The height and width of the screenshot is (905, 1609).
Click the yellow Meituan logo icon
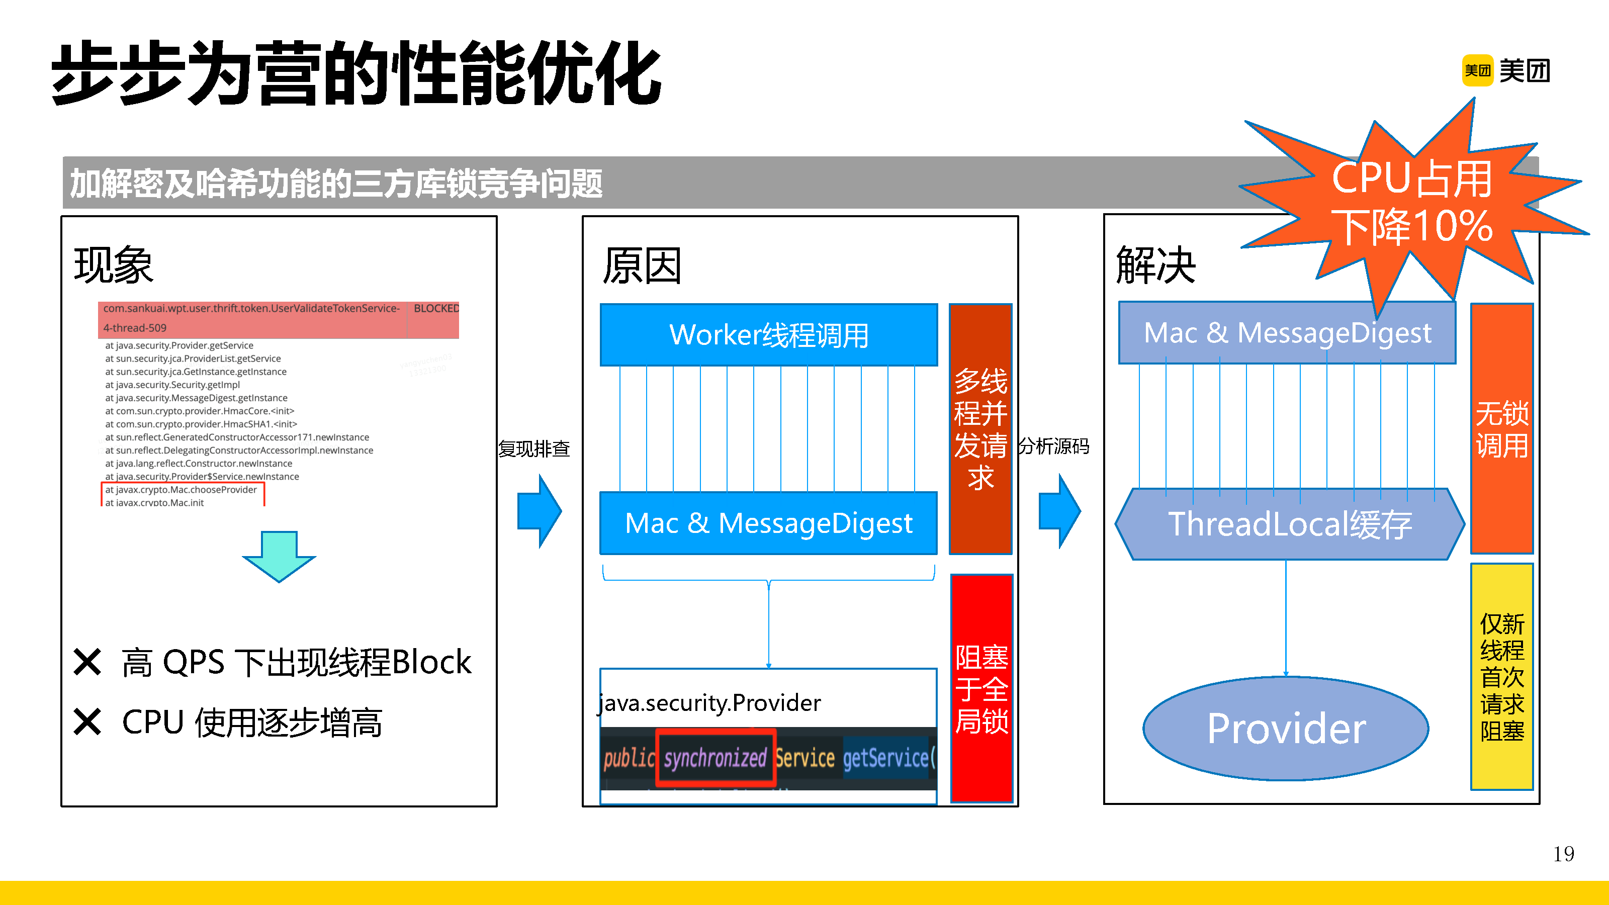(1477, 70)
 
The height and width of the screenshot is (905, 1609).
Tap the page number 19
(1563, 854)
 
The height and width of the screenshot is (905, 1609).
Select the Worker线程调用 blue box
(768, 335)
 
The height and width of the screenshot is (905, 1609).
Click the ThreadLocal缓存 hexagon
(1290, 524)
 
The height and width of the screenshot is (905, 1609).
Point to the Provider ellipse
(1286, 728)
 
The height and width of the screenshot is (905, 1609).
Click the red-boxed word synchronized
(715, 758)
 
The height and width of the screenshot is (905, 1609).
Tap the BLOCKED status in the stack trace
(435, 309)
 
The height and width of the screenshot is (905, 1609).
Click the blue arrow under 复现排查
(539, 511)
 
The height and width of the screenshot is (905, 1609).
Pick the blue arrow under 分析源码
(1059, 511)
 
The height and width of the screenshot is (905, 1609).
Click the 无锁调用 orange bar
(1501, 428)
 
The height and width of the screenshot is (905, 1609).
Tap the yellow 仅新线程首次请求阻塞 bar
(1501, 676)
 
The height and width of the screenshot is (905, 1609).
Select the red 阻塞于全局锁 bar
(981, 688)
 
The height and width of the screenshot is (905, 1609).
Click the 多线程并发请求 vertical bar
(980, 428)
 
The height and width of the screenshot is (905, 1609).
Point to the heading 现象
(114, 265)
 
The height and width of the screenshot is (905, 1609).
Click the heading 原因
(642, 265)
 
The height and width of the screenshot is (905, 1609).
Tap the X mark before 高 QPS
(87, 662)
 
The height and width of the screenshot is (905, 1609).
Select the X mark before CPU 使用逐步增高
(87, 722)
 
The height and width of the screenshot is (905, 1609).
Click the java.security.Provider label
(709, 703)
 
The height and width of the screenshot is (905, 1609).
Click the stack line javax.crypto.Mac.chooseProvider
(181, 490)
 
